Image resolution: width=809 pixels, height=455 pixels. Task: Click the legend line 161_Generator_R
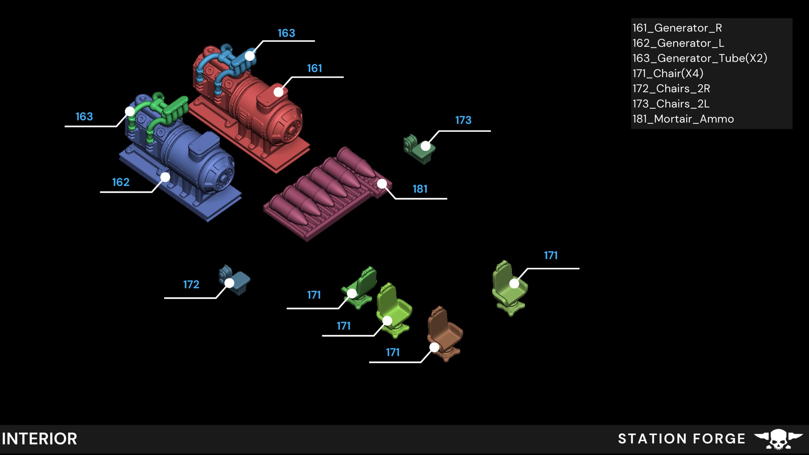click(677, 28)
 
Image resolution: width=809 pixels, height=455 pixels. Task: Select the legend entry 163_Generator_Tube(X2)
click(700, 58)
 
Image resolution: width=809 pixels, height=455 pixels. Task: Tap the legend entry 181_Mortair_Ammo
click(683, 119)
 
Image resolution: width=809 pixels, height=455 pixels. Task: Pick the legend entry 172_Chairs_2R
click(671, 89)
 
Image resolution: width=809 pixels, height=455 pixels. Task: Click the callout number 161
click(314, 68)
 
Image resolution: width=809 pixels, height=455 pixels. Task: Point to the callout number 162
click(121, 182)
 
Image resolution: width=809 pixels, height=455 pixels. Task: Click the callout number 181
click(420, 189)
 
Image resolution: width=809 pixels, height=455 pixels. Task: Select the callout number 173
click(463, 120)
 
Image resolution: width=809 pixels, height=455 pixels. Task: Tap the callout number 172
click(191, 285)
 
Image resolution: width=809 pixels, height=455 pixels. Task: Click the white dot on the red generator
click(278, 92)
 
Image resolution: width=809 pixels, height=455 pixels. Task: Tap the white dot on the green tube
click(130, 111)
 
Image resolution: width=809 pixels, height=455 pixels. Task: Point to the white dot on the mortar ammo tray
click(382, 184)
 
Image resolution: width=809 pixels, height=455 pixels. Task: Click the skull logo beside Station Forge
click(778, 439)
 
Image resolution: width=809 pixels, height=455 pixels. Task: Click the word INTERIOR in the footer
click(40, 439)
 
